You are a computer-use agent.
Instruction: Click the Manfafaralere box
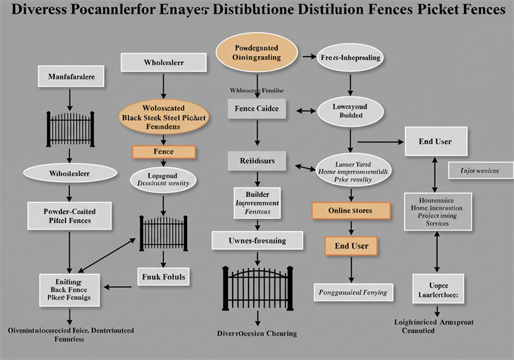click(71, 76)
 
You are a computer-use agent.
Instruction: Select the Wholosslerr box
click(163, 62)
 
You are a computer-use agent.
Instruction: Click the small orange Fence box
click(163, 152)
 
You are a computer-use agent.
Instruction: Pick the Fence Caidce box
click(257, 109)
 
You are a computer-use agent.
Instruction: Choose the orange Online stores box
click(351, 210)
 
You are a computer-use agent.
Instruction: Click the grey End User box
click(436, 141)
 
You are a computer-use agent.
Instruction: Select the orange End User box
click(351, 245)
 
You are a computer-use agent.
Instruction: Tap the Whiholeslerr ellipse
click(70, 173)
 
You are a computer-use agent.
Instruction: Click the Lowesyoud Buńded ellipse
click(351, 111)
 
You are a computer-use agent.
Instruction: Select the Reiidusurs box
click(257, 161)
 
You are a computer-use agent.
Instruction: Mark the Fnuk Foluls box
click(163, 277)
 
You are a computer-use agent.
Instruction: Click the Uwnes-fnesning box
click(257, 240)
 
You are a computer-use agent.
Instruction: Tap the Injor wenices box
click(479, 170)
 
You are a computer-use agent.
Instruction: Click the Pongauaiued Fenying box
click(353, 292)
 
